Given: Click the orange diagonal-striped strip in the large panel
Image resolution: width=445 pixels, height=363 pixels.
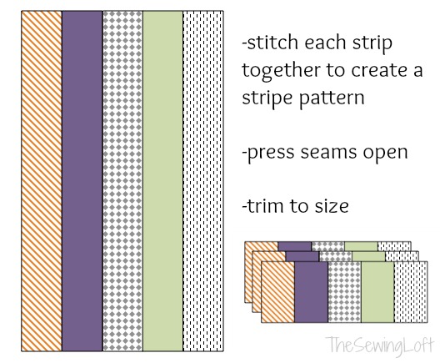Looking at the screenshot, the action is click(x=42, y=181).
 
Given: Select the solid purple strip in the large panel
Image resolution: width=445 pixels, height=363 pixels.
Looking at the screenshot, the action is click(x=82, y=181).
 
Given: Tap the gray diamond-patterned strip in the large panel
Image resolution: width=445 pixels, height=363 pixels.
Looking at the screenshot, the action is click(x=122, y=181).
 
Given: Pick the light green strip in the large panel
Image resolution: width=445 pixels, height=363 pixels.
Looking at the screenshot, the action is click(x=162, y=181).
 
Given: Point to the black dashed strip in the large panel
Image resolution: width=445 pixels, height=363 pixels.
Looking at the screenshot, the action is click(x=203, y=181).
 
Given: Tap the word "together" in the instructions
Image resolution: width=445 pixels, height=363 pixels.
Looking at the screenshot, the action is click(x=281, y=70).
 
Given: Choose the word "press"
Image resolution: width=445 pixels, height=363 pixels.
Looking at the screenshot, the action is click(x=271, y=153).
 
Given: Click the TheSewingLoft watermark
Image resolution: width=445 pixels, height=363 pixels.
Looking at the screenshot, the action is click(x=380, y=345).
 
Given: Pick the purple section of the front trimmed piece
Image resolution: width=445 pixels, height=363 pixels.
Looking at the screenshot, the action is click(x=312, y=292).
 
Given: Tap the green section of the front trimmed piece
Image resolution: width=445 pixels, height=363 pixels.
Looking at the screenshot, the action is click(x=377, y=292).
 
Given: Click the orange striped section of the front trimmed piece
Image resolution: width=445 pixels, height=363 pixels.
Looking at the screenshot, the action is click(x=278, y=292).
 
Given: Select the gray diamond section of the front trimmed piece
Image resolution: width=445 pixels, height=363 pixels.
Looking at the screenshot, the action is click(x=344, y=292).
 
